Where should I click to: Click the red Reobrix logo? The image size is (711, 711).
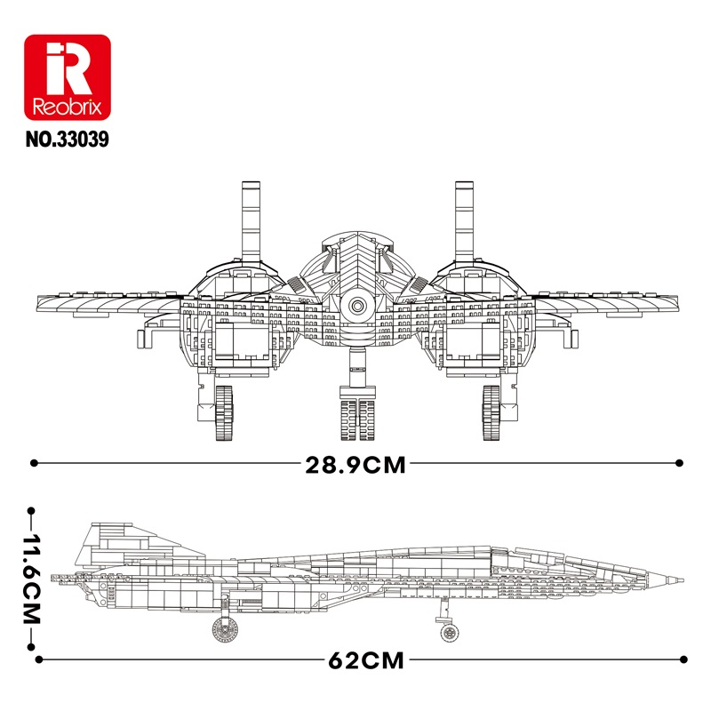point(68,77)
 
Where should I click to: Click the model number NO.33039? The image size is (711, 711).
point(68,140)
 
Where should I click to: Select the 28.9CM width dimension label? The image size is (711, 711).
point(355,465)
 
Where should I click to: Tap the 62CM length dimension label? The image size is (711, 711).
point(366,660)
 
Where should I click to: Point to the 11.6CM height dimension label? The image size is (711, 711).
point(32,579)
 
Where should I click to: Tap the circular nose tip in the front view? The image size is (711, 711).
point(357,307)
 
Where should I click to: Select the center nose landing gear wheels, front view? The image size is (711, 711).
point(358,419)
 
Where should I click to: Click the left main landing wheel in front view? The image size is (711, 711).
point(224,412)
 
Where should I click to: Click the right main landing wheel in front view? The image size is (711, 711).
point(491,412)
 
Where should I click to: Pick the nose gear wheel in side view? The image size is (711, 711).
point(449,632)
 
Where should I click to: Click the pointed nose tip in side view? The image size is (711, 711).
point(682,580)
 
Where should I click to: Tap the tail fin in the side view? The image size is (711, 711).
point(136,547)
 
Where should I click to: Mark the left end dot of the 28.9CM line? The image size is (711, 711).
point(34,463)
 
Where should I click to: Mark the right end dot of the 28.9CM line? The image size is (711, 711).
point(679,463)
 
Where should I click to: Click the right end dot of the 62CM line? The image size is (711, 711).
point(683,659)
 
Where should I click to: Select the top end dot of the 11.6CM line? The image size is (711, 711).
point(31,511)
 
